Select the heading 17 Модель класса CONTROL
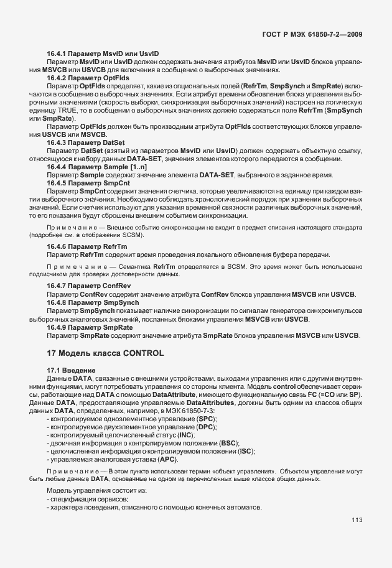(105, 353)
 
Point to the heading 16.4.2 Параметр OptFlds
(88, 78)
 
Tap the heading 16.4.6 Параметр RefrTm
(87, 246)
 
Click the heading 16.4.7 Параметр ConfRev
(89, 286)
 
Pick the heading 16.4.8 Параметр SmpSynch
(92, 302)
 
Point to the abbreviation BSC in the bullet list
(230, 444)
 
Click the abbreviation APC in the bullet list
(168, 459)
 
